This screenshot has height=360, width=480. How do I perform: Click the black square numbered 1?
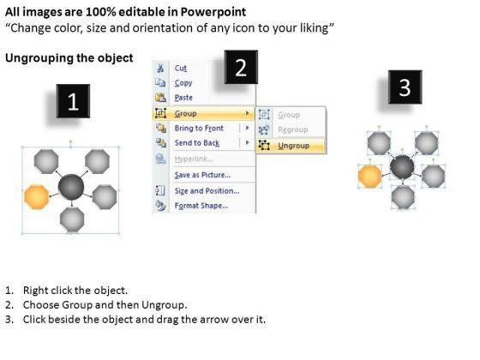point(73,101)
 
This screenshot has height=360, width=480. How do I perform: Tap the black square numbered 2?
point(241,67)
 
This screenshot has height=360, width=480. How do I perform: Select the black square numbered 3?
point(405,87)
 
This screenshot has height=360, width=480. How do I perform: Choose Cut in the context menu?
point(181,68)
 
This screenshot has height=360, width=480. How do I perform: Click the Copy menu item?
point(183,83)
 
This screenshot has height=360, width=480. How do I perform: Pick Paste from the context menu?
point(183,98)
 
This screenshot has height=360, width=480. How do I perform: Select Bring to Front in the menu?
point(199,129)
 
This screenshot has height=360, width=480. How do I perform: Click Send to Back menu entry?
point(197,143)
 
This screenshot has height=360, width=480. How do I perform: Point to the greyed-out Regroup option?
point(293,129)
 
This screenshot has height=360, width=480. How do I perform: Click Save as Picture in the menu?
point(202,175)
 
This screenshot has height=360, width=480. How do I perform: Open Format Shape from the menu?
point(201,206)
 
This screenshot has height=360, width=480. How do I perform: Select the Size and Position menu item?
point(207,191)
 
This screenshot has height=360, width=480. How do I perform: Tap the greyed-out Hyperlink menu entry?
point(194,159)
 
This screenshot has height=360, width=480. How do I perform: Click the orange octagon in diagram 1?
point(36,197)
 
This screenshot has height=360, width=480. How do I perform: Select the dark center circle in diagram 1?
point(71,187)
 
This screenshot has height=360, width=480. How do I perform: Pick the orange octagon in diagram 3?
point(369,177)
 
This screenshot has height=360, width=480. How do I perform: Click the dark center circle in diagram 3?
point(402,167)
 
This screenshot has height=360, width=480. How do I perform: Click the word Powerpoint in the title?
point(213,12)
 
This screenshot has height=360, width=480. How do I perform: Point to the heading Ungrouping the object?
point(69,58)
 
